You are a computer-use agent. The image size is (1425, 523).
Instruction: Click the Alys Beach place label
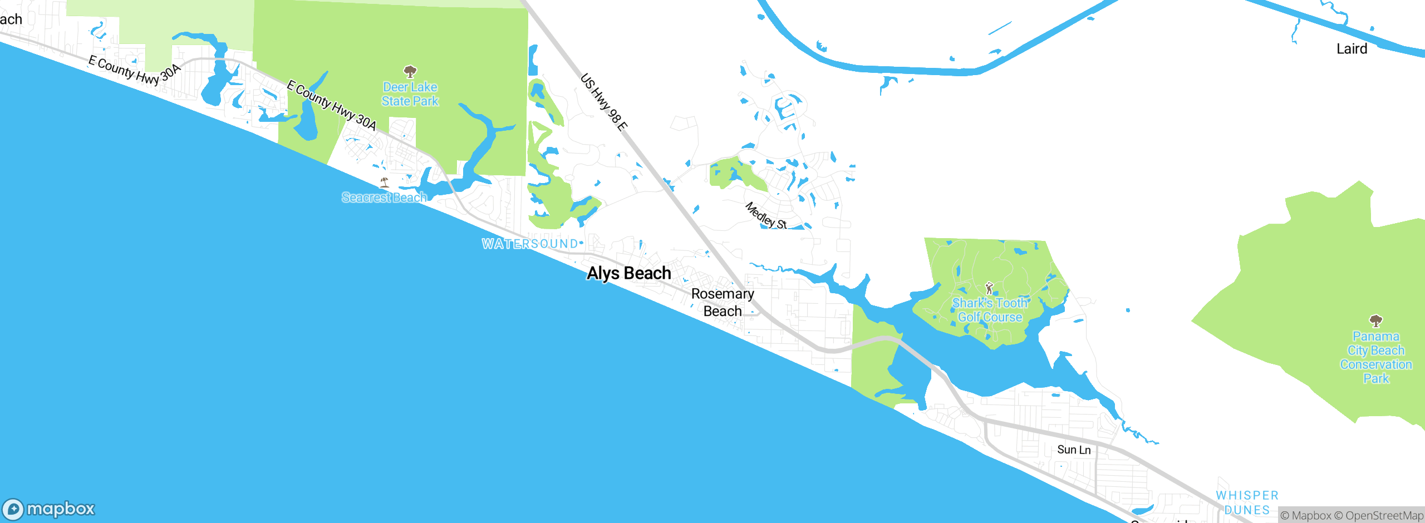click(x=629, y=273)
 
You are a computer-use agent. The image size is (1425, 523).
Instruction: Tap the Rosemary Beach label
click(x=723, y=302)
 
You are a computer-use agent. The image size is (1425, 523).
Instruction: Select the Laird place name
click(x=1352, y=49)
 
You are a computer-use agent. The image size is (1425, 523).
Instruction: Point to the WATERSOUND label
click(x=530, y=244)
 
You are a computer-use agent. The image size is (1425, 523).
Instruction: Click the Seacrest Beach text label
click(x=384, y=198)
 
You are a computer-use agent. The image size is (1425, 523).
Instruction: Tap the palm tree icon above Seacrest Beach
click(x=384, y=182)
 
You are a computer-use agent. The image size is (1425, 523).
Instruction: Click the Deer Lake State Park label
click(x=410, y=94)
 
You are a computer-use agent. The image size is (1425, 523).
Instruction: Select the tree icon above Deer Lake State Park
click(x=410, y=71)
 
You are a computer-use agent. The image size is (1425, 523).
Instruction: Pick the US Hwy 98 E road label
click(x=604, y=102)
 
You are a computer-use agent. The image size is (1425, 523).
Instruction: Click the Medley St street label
click(x=766, y=216)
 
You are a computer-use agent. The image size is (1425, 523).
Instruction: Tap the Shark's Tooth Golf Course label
click(x=990, y=310)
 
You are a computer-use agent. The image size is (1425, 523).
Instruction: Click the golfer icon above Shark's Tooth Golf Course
click(x=989, y=288)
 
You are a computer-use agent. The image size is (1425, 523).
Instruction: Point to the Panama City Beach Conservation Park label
click(x=1376, y=357)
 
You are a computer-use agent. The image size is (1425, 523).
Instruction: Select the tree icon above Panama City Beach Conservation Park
click(x=1376, y=320)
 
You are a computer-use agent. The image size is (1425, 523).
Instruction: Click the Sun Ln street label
click(x=1074, y=450)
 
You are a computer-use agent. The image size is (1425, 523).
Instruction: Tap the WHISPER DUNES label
click(x=1247, y=502)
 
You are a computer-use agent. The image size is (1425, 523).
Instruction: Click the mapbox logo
click(x=49, y=509)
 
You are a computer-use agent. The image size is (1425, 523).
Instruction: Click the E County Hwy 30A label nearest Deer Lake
click(x=332, y=106)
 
